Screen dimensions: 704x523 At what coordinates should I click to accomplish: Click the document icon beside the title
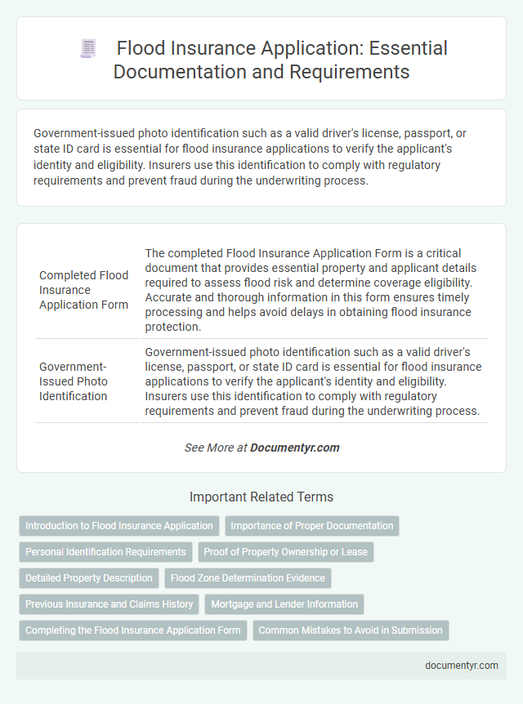click(87, 48)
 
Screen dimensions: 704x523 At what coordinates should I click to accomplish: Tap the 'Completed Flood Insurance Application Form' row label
click(83, 290)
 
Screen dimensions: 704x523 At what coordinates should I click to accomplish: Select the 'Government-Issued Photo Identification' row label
click(74, 381)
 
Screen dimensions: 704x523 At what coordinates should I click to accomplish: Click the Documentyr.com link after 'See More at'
click(294, 448)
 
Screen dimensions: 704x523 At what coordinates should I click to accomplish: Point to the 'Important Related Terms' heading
click(261, 497)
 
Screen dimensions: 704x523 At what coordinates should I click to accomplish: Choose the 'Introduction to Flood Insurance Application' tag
click(119, 526)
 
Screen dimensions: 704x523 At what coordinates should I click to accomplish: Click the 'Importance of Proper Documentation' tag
click(312, 526)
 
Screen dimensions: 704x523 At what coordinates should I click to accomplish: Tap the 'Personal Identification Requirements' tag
click(105, 552)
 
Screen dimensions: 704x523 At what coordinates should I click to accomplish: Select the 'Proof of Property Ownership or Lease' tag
click(286, 552)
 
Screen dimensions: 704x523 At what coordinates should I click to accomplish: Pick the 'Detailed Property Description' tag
click(89, 578)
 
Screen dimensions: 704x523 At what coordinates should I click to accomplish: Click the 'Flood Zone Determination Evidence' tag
click(248, 578)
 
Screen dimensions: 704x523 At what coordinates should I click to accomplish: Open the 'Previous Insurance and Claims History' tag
click(110, 604)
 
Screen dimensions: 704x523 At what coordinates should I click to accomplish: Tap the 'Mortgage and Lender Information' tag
click(284, 604)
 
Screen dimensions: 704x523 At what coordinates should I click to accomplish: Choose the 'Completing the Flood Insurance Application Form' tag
click(133, 630)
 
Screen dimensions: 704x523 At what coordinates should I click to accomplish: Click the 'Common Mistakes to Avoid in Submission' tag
click(351, 630)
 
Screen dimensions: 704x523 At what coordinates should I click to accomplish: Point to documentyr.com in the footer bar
click(462, 666)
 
